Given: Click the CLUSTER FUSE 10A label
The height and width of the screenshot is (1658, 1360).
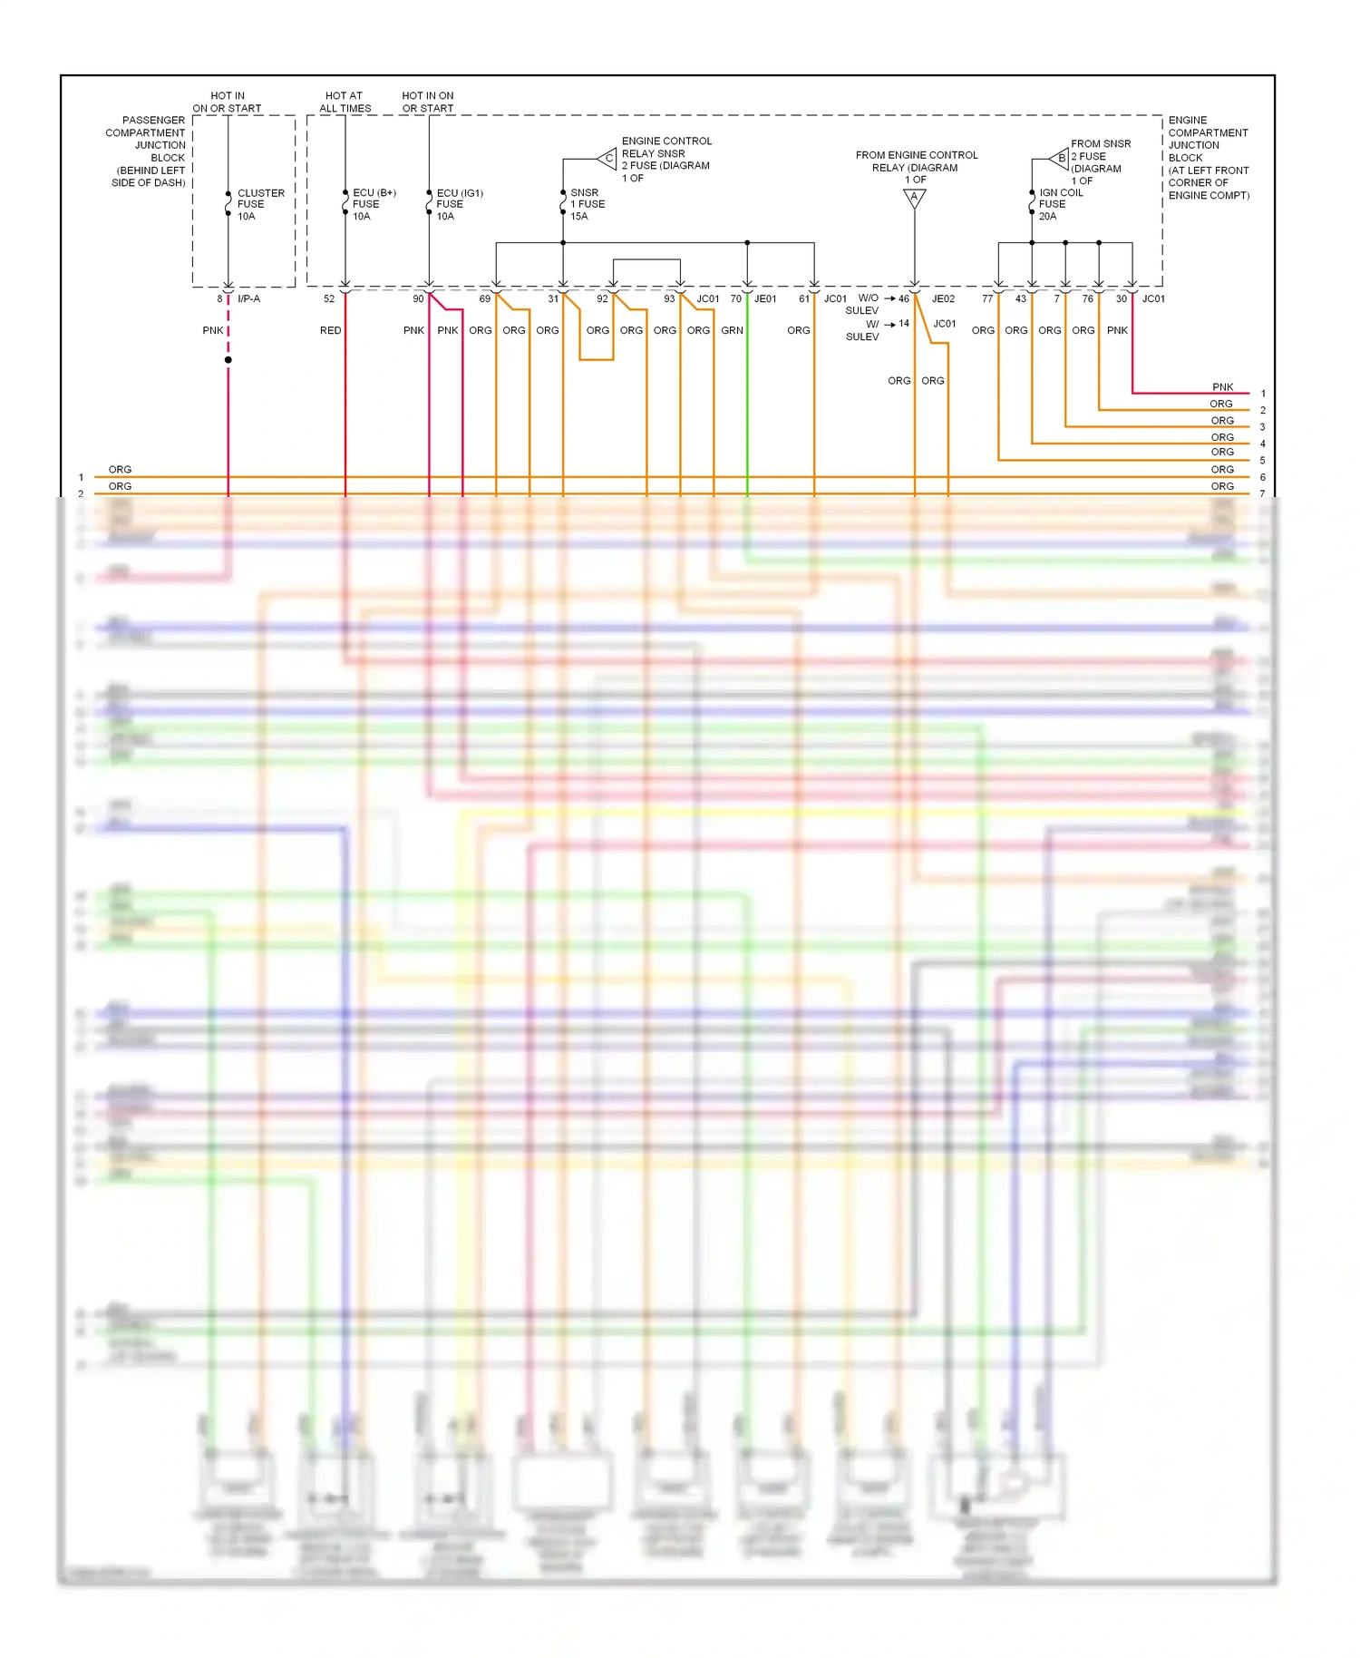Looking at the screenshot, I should (x=259, y=204).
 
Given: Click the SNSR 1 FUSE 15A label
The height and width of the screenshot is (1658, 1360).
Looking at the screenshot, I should (x=586, y=204).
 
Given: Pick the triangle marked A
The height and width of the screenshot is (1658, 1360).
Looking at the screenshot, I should (x=914, y=198).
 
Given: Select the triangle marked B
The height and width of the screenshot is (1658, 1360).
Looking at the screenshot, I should (x=1060, y=158).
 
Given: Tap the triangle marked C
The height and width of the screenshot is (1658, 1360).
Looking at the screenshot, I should (x=608, y=159).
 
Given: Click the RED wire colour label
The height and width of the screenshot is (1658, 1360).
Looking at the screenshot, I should (x=330, y=330).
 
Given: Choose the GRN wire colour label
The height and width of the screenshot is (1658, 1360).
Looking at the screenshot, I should (x=732, y=330).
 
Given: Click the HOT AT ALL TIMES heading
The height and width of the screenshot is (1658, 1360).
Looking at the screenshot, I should (x=345, y=102).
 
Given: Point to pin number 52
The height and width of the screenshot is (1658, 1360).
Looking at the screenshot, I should (x=328, y=298).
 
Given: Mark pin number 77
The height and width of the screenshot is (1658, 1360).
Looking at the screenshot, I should (x=986, y=298).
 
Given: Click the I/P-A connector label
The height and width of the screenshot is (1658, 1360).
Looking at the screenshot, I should (x=248, y=298).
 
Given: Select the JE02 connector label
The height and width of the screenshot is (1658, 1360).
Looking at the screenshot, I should (x=943, y=298).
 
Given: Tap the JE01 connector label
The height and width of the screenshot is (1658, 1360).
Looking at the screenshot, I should (x=765, y=298).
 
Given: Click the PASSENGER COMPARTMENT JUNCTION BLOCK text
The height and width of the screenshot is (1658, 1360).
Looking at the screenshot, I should (x=147, y=151).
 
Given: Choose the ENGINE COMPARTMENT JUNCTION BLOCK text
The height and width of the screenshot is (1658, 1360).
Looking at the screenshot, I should (x=1208, y=157).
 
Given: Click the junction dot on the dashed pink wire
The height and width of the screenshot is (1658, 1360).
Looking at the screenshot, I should (x=228, y=360).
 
